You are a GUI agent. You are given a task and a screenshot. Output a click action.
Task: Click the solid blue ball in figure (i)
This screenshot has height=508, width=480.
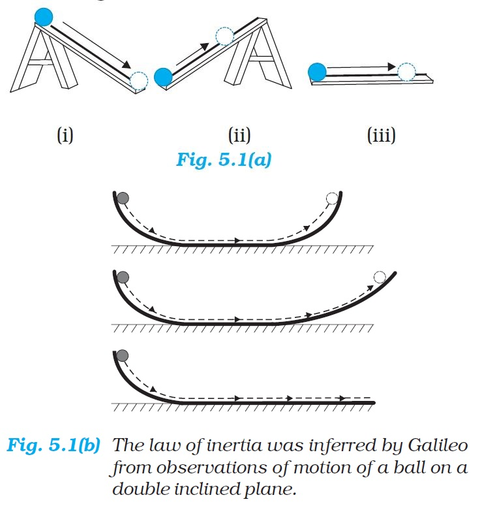44,17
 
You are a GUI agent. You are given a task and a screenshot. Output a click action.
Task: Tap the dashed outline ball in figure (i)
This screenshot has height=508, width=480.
139,81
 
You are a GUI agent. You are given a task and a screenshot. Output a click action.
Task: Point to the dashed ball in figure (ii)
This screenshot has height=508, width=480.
224,37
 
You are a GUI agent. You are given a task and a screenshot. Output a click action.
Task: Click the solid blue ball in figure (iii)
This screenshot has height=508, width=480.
317,72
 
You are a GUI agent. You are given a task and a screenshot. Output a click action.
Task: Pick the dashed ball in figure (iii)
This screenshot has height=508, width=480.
406,71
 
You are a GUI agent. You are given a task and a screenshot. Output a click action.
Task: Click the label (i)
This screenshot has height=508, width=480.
65,136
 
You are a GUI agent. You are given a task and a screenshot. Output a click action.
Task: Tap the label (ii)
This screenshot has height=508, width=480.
239,136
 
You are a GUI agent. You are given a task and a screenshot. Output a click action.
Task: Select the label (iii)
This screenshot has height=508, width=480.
382,136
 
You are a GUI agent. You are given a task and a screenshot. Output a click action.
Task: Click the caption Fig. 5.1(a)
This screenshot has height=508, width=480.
223,160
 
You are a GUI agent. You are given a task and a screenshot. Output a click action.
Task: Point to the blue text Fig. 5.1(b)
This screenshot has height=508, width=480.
53,447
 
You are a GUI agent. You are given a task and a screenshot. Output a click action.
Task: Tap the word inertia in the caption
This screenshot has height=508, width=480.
220,447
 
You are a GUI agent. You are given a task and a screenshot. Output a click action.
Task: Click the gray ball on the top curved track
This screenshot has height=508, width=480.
123,198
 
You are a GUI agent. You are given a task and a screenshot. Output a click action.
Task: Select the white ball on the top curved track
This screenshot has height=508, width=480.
332,198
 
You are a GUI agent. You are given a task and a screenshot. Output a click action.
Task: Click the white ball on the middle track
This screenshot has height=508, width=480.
380,277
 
